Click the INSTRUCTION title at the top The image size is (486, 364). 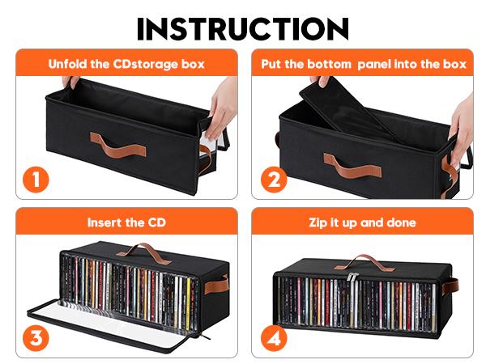pos(243,26)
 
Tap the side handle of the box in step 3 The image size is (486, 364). pos(220,285)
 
